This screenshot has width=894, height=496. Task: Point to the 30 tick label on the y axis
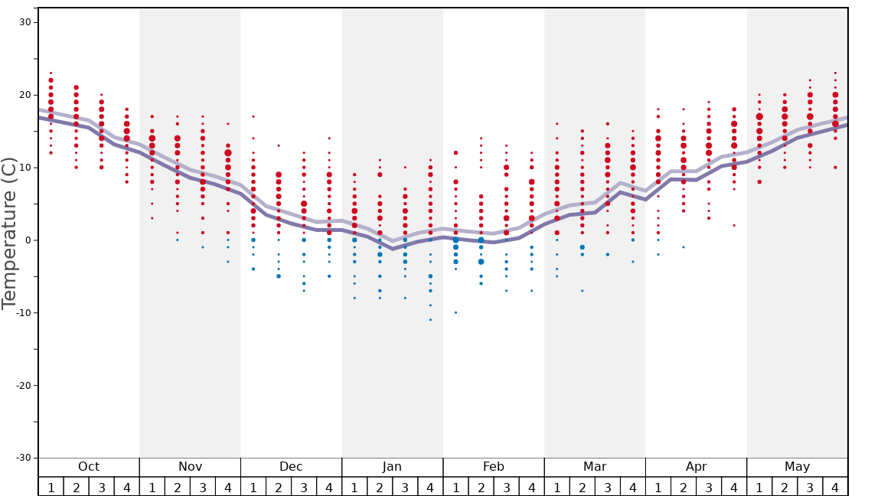point(24,22)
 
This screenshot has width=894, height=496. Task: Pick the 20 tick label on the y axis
point(24,95)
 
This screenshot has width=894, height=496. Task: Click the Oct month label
point(89,467)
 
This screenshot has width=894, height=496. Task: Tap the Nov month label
point(190,467)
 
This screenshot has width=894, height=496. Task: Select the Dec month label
point(291,467)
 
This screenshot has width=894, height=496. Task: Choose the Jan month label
point(392,467)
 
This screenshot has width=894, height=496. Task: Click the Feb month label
point(494,467)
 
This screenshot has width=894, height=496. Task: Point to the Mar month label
point(595,467)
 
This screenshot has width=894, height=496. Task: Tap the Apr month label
point(696,467)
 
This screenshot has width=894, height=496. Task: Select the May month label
point(797,467)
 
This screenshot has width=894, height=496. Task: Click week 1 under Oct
point(51,487)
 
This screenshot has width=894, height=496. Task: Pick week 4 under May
point(835,487)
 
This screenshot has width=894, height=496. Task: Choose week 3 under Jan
point(405,487)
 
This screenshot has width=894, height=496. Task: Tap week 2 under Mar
point(582,487)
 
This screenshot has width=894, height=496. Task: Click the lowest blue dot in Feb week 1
point(455,312)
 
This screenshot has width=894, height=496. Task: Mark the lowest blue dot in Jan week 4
point(430,320)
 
